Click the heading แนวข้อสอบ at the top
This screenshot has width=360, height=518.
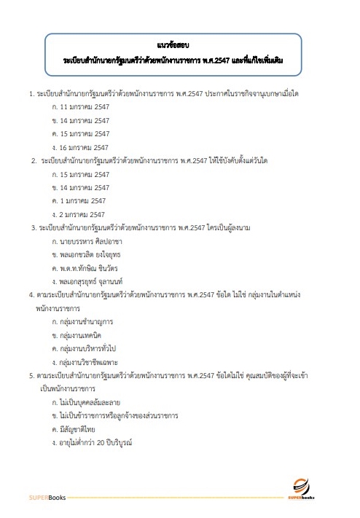(173, 44)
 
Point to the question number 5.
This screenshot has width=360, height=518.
(31, 375)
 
